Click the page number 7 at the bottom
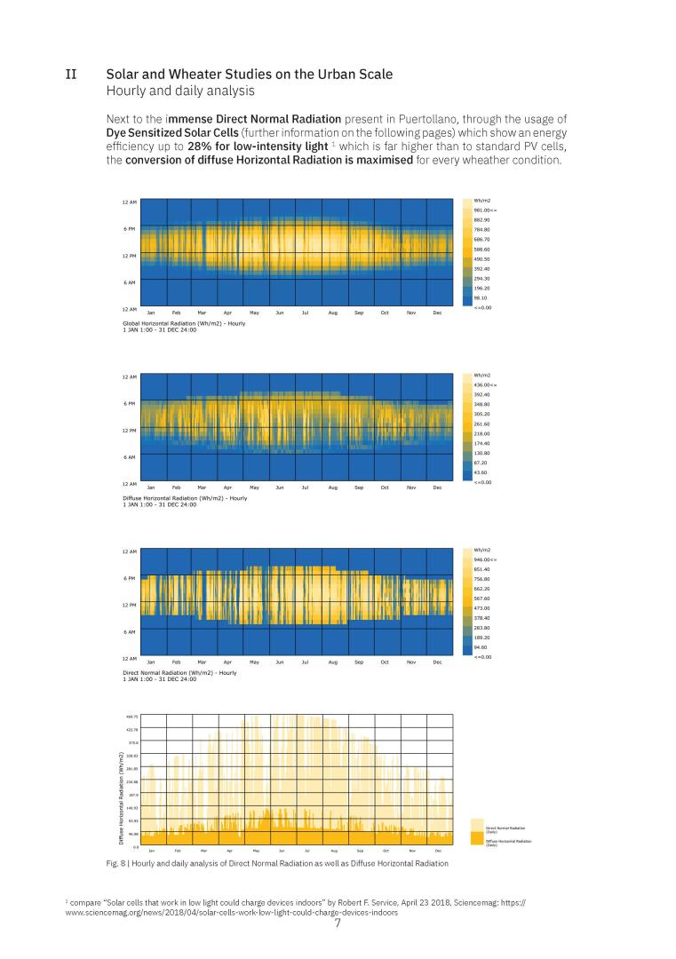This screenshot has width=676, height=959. coord(338,923)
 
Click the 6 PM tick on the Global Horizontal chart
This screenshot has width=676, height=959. coord(130,229)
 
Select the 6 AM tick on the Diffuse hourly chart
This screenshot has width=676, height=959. coord(130,456)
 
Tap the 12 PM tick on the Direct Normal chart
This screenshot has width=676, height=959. coord(129,605)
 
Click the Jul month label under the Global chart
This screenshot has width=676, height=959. coord(306,313)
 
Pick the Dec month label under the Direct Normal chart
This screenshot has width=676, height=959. coord(437,662)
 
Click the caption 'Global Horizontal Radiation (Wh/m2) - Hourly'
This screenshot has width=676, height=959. coord(184,323)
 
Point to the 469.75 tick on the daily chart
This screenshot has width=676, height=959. coord(132,716)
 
